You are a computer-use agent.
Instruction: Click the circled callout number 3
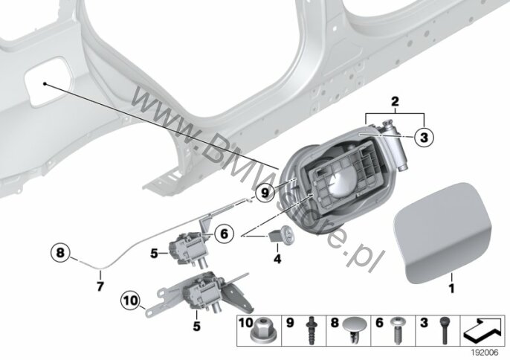(x=424, y=137)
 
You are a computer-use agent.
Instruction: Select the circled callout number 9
(x=265, y=193)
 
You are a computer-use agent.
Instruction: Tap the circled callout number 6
(x=225, y=234)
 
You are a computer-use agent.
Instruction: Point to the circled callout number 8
(x=60, y=253)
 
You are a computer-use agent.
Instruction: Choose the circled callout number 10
(x=130, y=300)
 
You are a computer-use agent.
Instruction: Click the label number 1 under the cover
(x=451, y=288)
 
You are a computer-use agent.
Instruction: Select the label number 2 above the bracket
(x=395, y=102)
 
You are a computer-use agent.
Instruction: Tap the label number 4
(x=277, y=259)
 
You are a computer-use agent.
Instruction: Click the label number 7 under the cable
(x=100, y=286)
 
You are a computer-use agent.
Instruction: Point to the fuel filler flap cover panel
(x=442, y=232)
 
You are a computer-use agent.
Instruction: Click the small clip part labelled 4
(x=281, y=234)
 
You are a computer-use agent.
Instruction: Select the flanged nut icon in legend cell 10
(x=259, y=333)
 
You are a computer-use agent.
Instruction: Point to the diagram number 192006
(x=485, y=353)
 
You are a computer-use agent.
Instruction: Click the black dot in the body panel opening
(x=45, y=84)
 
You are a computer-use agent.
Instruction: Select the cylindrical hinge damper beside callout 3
(x=395, y=144)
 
